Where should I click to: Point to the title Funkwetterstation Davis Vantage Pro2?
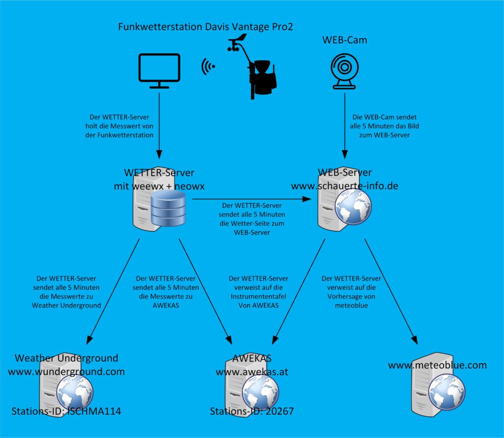click(205, 27)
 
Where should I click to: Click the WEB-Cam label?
click(345, 40)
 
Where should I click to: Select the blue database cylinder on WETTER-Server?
click(168, 208)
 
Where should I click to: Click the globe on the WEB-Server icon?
click(353, 206)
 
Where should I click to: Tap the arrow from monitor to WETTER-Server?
click(159, 125)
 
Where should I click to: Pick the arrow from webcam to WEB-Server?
click(345, 125)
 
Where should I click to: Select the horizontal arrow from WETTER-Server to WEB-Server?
click(252, 199)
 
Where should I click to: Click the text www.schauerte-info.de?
click(345, 186)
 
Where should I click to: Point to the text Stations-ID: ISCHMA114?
click(66, 411)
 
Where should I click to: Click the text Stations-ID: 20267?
click(252, 411)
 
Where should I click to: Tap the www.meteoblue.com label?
click(438, 365)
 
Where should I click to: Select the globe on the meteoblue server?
click(446, 392)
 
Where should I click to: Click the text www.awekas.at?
click(252, 372)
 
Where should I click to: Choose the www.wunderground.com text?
click(66, 372)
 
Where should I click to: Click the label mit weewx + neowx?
click(159, 186)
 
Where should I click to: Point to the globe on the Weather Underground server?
click(75, 392)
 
